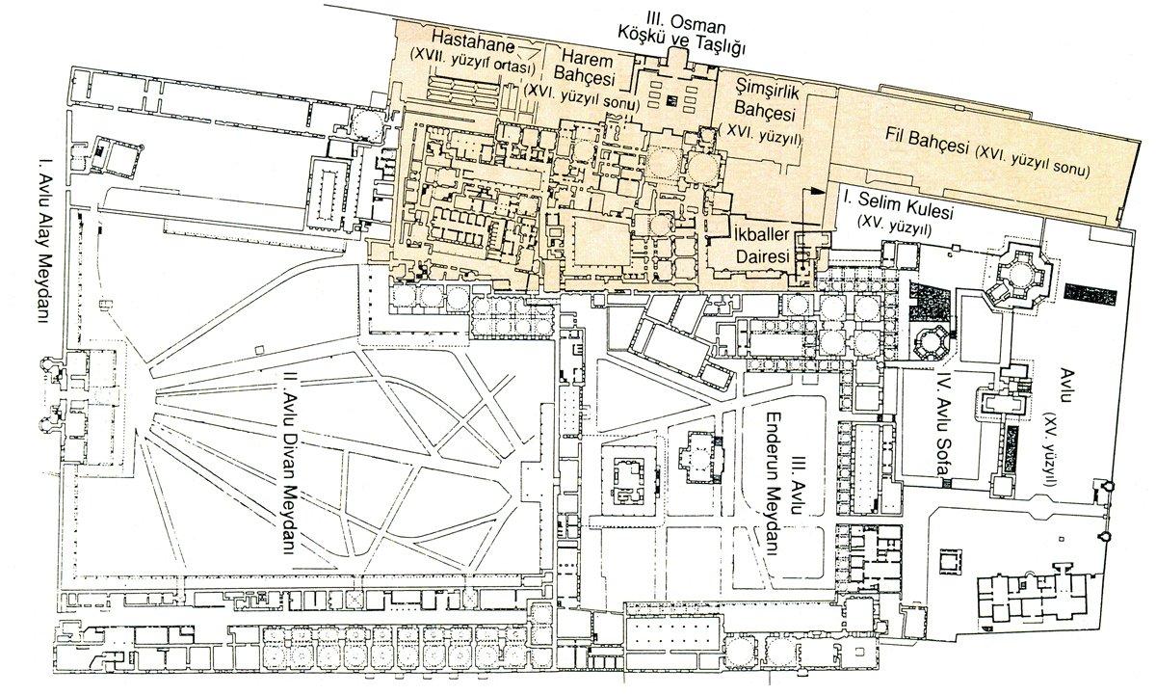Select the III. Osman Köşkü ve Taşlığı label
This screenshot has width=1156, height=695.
tap(682, 35)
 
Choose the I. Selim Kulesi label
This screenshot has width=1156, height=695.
tap(898, 204)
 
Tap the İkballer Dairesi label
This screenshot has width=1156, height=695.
tap(762, 245)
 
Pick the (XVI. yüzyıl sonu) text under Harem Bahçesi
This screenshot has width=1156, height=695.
tap(582, 98)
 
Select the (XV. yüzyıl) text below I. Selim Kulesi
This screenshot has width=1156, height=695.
tap(894, 226)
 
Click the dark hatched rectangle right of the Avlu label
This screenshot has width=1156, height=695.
tap(1090, 293)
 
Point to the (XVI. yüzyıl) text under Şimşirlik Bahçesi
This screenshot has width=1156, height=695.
tap(761, 136)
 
